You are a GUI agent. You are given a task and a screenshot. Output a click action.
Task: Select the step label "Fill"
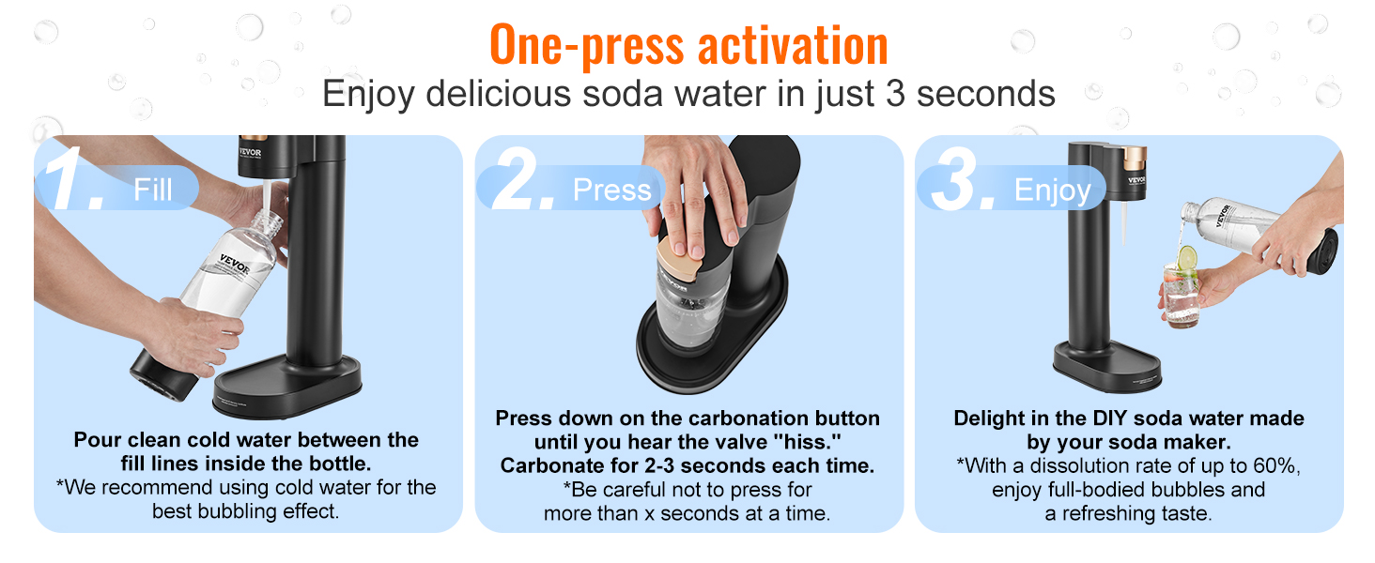coord(152,190)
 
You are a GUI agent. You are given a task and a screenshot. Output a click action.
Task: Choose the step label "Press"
coord(611,190)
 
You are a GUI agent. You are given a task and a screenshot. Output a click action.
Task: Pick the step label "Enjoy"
coord(1052,190)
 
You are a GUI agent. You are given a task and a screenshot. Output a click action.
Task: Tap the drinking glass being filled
coord(1182,293)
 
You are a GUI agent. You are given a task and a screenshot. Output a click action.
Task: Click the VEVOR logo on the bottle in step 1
coord(235,263)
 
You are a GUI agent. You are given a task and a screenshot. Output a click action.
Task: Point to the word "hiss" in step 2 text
coord(805,441)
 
